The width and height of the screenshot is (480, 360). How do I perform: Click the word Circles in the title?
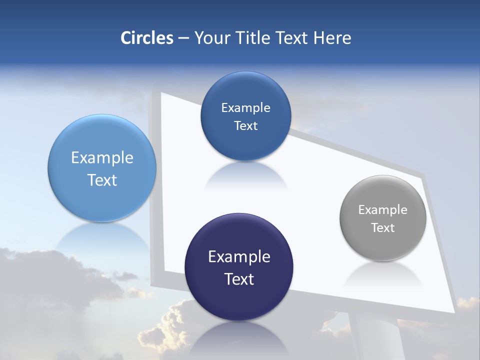pyautogui.click(x=147, y=38)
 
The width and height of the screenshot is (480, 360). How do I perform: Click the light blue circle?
pyautogui.click(x=102, y=168)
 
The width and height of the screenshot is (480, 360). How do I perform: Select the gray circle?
pyautogui.click(x=383, y=218)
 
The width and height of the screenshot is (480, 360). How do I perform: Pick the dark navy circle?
pyautogui.click(x=239, y=267)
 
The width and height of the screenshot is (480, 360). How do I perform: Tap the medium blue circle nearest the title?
pyautogui.click(x=246, y=116)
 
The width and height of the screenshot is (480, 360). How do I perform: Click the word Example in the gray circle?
pyautogui.click(x=383, y=210)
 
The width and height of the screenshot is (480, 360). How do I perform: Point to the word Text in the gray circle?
pyautogui.click(x=383, y=228)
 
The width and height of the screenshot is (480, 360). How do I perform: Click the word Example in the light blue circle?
pyautogui.click(x=102, y=158)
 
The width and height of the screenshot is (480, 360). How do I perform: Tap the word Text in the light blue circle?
pyautogui.click(x=102, y=180)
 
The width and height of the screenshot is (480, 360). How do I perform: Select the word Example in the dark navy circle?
pyautogui.click(x=239, y=257)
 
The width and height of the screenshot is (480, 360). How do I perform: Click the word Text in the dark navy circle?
pyautogui.click(x=239, y=279)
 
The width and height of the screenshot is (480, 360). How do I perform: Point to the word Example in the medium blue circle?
pyautogui.click(x=246, y=108)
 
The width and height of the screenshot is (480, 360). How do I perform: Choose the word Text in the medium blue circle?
pyautogui.click(x=246, y=126)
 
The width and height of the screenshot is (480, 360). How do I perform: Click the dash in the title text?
pyautogui.click(x=183, y=38)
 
